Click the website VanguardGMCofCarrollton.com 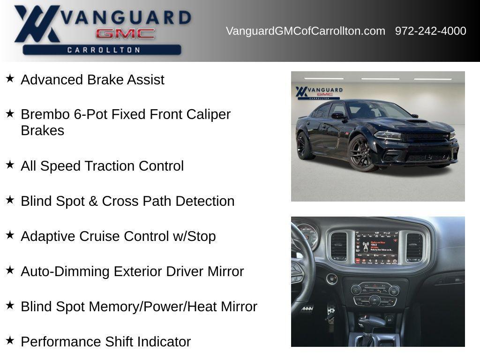pos(305,31)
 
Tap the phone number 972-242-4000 pos(430,31)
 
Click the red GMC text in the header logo pos(125,34)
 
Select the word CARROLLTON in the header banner pos(103,50)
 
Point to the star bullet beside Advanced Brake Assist pos(10,78)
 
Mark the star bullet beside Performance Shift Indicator pos(10,340)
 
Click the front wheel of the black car pos(361,153)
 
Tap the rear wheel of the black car pos(304,146)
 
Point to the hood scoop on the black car pos(417,121)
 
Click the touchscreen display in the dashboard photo pos(376,247)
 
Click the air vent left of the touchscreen pos(338,246)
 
